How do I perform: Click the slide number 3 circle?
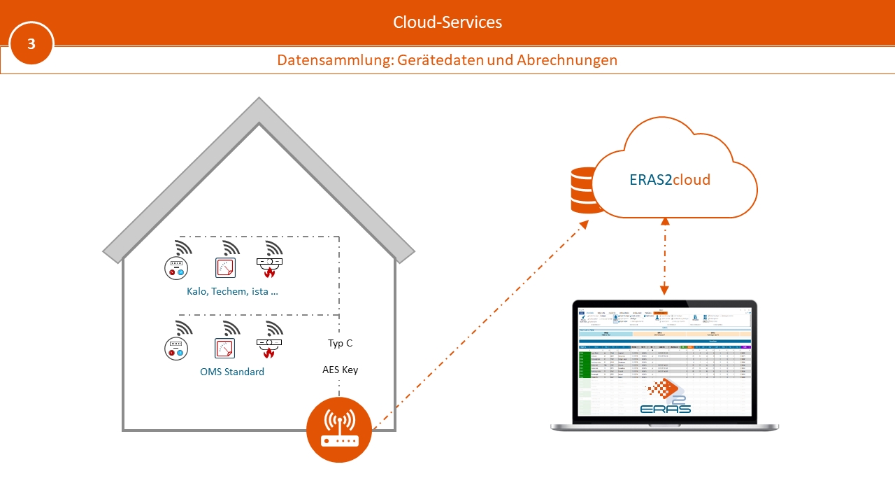pyautogui.click(x=31, y=43)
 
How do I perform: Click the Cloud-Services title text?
pyautogui.click(x=447, y=22)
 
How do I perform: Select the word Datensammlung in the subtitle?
pyautogui.click(x=334, y=60)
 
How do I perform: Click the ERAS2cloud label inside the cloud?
pyautogui.click(x=670, y=180)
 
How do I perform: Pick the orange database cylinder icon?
pyautogui.click(x=586, y=190)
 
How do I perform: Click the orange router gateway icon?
pyautogui.click(x=339, y=428)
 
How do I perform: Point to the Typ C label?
pyautogui.click(x=340, y=344)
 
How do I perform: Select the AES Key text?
pyautogui.click(x=340, y=370)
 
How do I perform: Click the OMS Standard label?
pyautogui.click(x=232, y=372)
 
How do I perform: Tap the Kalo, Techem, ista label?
pyautogui.click(x=232, y=291)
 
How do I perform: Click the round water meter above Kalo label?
pyautogui.click(x=176, y=268)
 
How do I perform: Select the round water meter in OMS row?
pyautogui.click(x=176, y=348)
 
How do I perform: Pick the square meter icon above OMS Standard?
pyautogui.click(x=225, y=348)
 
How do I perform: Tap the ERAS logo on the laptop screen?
pyautogui.click(x=665, y=397)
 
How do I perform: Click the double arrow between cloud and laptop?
pyautogui.click(x=665, y=255)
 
